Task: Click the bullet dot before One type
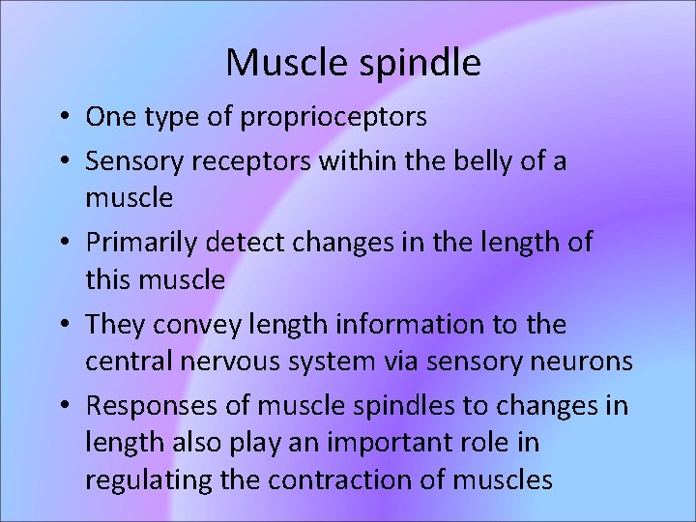[x=62, y=118]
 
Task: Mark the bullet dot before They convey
[x=62, y=325]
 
